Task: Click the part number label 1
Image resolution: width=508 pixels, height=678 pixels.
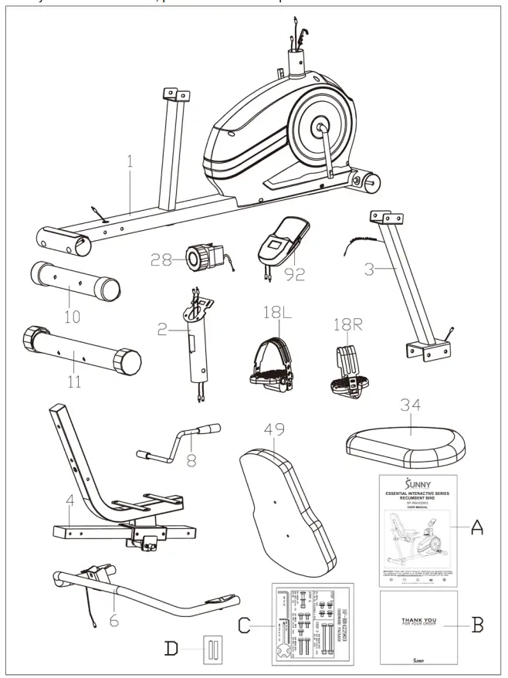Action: click(x=130, y=163)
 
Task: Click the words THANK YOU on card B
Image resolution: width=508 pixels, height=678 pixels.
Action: click(x=418, y=619)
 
